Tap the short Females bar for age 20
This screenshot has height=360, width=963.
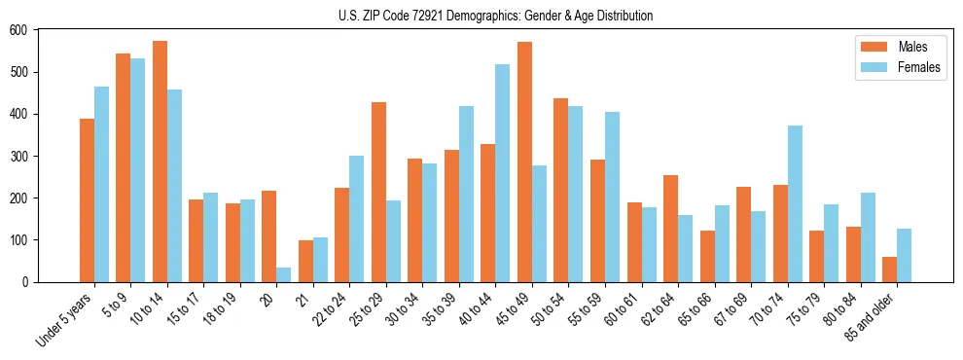point(283,274)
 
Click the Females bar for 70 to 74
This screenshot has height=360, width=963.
point(795,203)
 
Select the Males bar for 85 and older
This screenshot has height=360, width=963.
point(889,270)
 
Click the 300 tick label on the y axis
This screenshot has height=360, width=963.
point(19,156)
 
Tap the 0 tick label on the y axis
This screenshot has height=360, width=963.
point(27,282)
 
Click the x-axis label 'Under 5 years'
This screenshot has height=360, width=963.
point(65,319)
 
